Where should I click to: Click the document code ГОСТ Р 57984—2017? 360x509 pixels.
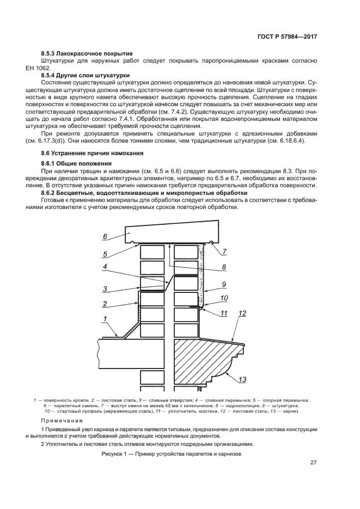287,36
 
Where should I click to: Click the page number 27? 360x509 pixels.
313,463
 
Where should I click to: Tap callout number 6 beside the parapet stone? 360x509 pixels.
106,236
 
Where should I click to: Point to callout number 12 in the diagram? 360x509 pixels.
242,313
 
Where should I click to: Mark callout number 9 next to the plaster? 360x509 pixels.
223,284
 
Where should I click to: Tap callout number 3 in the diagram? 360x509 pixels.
105,289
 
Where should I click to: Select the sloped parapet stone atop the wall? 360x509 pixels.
172,236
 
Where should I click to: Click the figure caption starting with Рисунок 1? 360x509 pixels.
171,453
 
